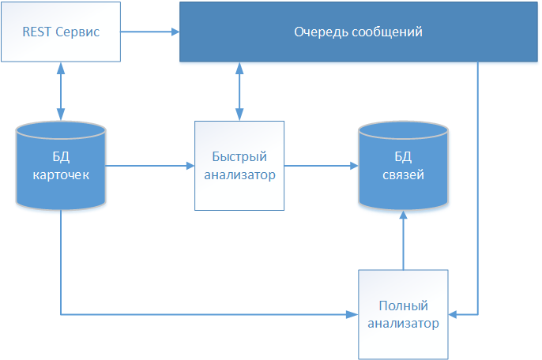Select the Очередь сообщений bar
[359, 32]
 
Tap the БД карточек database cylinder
[61, 166]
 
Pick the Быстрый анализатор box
[239, 166]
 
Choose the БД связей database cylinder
[403, 166]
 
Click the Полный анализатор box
[403, 314]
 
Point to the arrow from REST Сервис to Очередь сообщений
[150, 32]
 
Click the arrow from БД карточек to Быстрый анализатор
[150, 166]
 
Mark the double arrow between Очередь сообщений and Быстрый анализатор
[239, 92]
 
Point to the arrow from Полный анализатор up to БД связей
[403, 241]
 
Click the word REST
[36, 32]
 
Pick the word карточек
[61, 174]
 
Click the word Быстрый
[239, 158]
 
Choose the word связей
[403, 174]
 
